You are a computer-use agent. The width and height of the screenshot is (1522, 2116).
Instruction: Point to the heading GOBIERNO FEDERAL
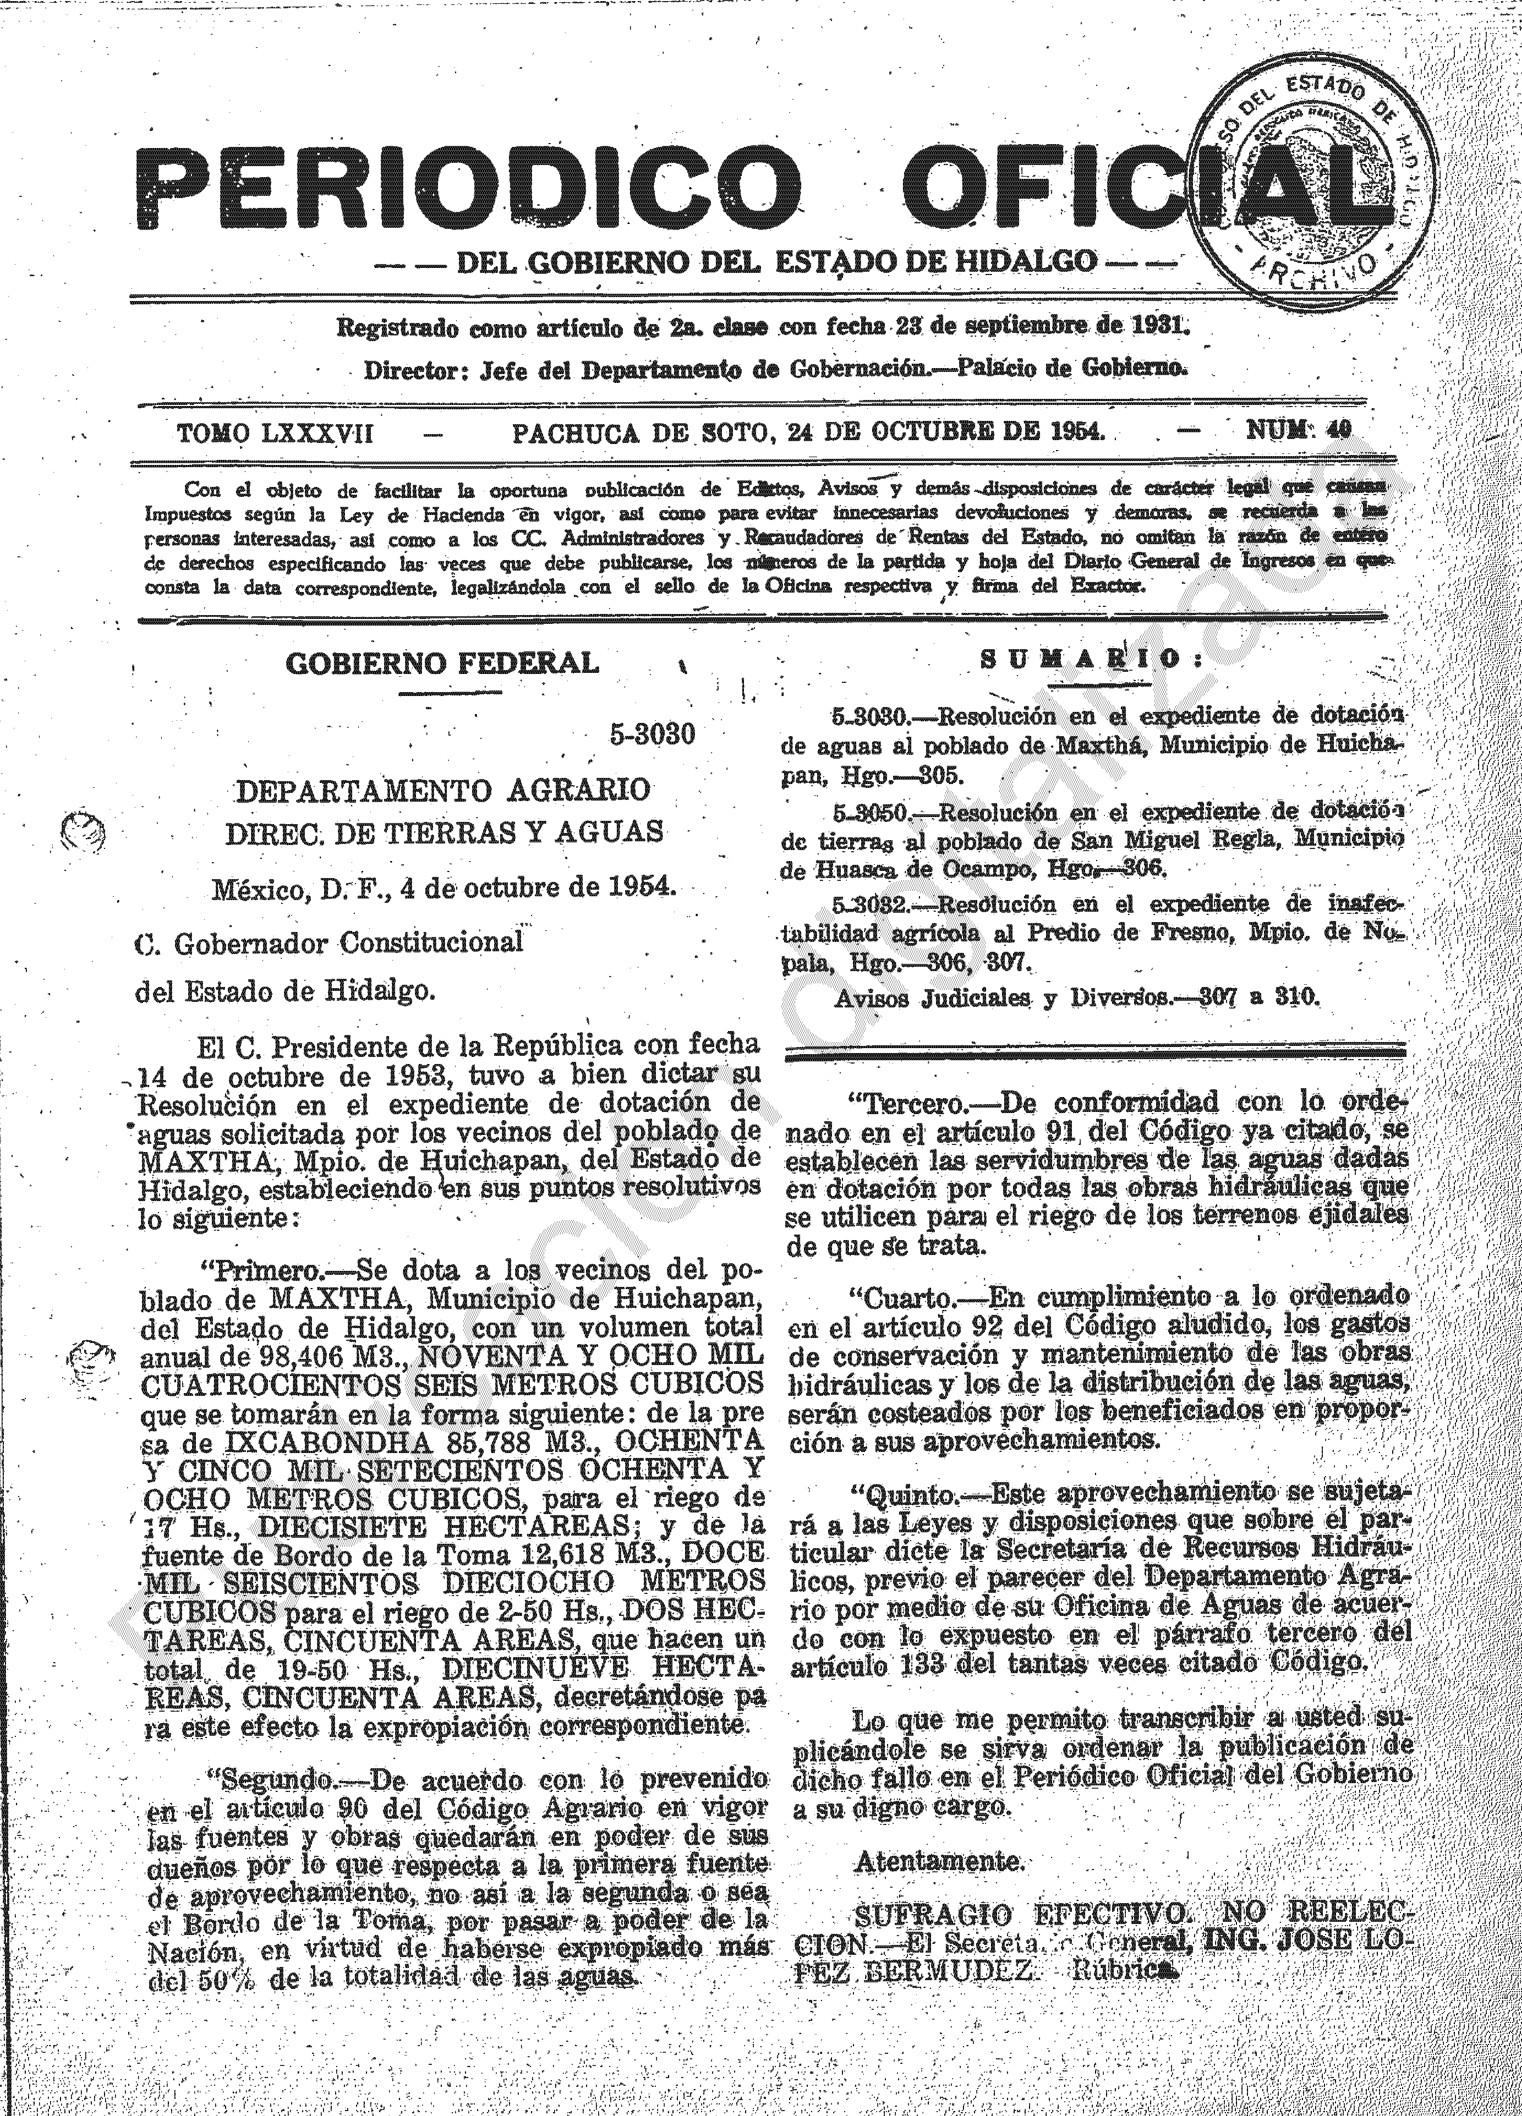[441, 664]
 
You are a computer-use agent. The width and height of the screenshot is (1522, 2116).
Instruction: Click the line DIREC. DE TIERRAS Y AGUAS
[444, 831]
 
